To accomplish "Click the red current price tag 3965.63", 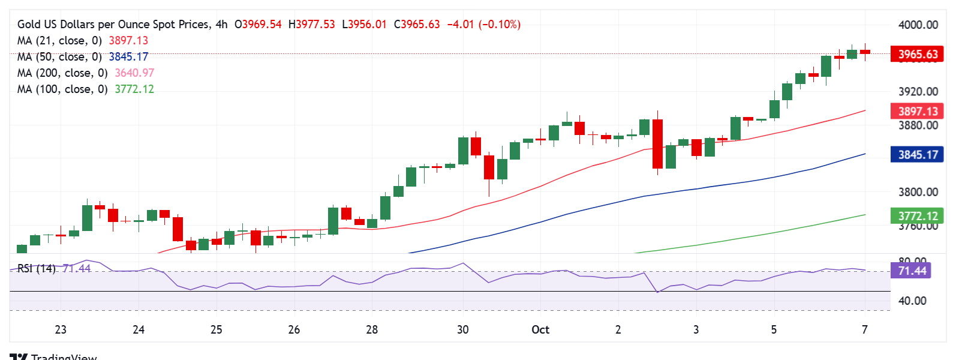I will [x=917, y=54].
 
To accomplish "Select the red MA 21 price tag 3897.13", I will [x=917, y=111].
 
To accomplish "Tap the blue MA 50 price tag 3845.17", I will [x=917, y=155].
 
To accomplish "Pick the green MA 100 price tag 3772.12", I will [x=917, y=216].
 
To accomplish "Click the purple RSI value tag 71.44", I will [x=912, y=271].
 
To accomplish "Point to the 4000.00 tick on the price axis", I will [x=918, y=25].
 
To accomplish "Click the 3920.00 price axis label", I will [x=918, y=92].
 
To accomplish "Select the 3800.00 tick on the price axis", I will [x=918, y=192].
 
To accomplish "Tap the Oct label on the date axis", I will [x=540, y=329].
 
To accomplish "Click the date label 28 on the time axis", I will [x=372, y=329].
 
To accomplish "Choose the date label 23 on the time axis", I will [x=61, y=329].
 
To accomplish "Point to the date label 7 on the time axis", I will [x=864, y=329].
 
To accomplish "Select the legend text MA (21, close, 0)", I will [x=59, y=40].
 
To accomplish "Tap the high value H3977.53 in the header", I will [x=311, y=25].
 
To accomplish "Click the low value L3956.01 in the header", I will [x=364, y=25].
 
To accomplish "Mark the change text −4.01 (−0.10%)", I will [x=483, y=25].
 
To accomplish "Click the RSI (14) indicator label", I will [x=36, y=268].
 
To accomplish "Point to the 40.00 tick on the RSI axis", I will [x=912, y=301].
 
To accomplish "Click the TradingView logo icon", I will [x=19, y=356].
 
